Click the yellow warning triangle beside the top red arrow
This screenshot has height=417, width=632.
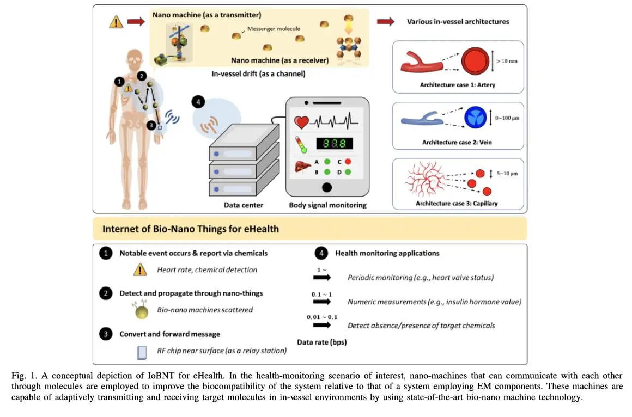116,22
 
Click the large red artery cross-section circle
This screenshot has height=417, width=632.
476,62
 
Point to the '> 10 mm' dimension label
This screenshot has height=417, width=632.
507,61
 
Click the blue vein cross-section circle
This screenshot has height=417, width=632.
475,118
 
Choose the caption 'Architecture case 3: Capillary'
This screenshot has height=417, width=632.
457,204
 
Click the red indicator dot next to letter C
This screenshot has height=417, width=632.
348,162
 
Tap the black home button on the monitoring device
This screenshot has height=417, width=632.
327,187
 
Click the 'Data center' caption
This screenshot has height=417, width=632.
244,205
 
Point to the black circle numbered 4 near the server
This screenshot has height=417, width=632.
198,102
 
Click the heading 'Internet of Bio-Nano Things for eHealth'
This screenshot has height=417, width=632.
191,229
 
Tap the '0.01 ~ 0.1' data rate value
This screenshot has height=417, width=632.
323,316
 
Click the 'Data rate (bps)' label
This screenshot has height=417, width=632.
322,342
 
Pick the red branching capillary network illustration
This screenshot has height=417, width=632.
425,179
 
